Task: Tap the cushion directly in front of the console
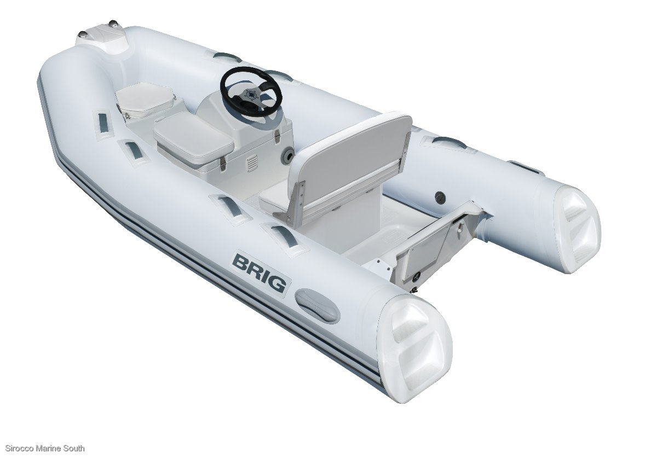click(192, 137)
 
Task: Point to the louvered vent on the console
click(252, 163)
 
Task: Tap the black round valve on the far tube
click(439, 195)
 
